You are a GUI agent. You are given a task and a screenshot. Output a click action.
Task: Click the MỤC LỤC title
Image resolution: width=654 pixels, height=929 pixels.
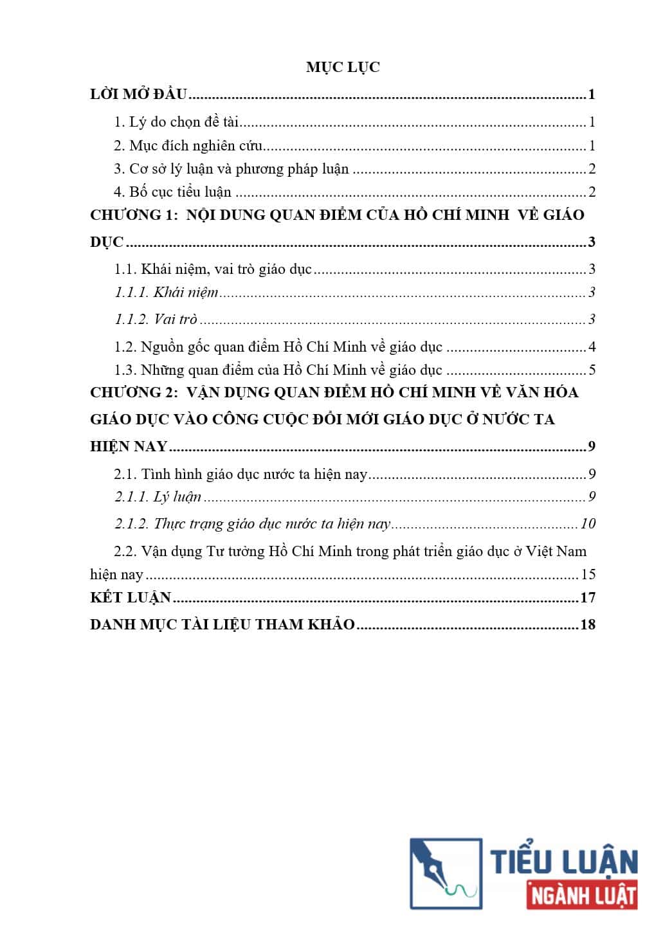(x=343, y=67)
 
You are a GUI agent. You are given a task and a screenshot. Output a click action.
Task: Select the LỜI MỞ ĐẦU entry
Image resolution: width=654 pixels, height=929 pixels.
(x=138, y=95)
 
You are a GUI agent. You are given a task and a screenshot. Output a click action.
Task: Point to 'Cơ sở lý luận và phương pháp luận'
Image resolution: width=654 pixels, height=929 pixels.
(x=232, y=168)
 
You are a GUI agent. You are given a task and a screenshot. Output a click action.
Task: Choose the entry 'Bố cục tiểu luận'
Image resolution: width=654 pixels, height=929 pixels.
(x=173, y=192)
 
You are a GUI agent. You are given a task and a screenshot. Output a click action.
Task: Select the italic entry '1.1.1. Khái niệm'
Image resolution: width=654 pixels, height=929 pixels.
(x=167, y=293)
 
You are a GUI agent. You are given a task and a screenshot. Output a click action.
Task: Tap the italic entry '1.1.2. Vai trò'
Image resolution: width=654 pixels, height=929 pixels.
(x=156, y=320)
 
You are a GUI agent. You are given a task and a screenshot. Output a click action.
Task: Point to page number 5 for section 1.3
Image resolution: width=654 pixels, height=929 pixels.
(x=592, y=370)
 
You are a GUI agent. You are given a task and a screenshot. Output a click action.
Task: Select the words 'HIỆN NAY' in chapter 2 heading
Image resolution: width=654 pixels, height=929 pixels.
(x=129, y=446)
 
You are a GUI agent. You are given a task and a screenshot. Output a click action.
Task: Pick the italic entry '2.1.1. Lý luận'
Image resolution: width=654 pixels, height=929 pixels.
(x=158, y=496)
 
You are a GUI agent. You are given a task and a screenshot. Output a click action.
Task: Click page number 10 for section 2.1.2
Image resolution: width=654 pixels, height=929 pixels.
(x=588, y=523)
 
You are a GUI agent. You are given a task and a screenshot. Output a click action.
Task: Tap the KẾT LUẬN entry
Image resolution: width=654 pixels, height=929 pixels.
(x=131, y=597)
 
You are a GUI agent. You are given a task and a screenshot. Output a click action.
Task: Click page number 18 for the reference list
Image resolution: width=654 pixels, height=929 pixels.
(x=588, y=624)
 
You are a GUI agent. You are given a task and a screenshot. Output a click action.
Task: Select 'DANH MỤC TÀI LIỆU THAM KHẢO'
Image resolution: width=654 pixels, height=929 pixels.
(x=223, y=624)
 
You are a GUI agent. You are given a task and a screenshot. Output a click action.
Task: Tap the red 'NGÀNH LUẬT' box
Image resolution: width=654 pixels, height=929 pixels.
(x=582, y=896)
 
